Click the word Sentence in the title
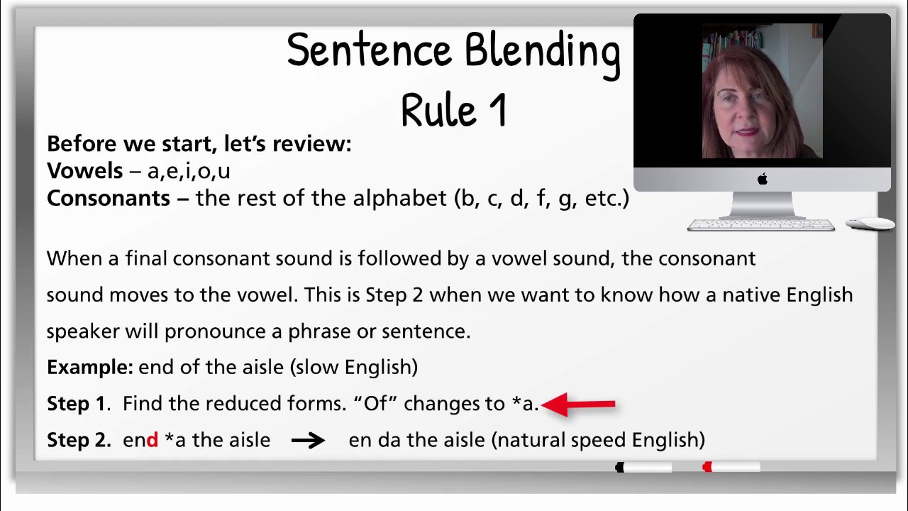[369, 50]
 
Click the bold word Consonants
[108, 198]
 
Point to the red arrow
[579, 405]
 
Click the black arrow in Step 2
[308, 441]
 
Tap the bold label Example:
[89, 368]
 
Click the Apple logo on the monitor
[763, 180]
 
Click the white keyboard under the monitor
[760, 225]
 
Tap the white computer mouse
[870, 224]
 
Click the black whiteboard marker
[643, 467]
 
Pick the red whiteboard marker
[731, 467]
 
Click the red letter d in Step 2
[152, 440]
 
